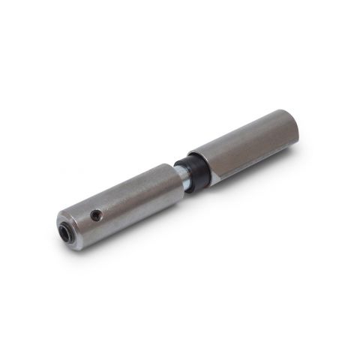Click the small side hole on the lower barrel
[x=96, y=215]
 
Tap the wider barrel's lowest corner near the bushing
[x=211, y=184]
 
